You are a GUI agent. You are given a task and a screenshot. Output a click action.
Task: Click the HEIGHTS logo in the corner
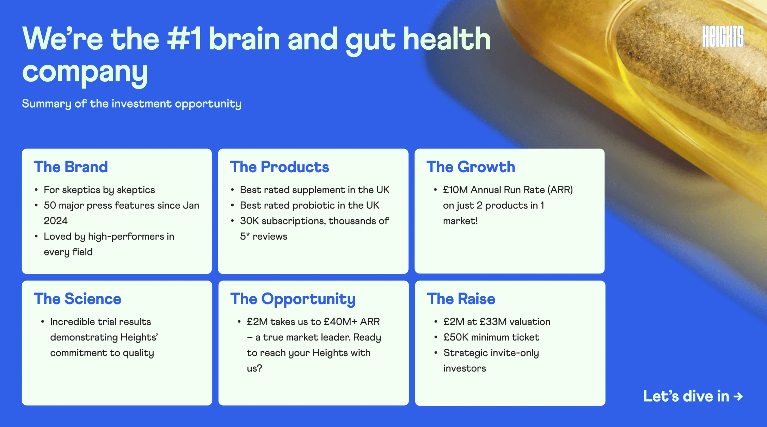pos(723,36)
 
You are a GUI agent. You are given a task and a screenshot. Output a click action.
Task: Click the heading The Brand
pos(71,167)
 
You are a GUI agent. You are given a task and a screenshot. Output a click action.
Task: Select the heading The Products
pos(280,167)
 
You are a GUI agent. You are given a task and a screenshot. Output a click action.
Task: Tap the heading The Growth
pos(471,167)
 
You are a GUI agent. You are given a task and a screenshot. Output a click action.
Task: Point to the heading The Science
pos(78,299)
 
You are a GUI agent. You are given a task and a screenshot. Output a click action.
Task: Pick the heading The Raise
pos(461,299)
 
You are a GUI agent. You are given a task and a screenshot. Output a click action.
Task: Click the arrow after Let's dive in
pos(738,397)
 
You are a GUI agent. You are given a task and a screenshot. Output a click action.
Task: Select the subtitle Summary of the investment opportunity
pos(132,104)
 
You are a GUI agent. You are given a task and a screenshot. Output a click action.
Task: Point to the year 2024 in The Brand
pos(56,221)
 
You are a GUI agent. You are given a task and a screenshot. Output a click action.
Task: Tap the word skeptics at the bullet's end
pos(136,190)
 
